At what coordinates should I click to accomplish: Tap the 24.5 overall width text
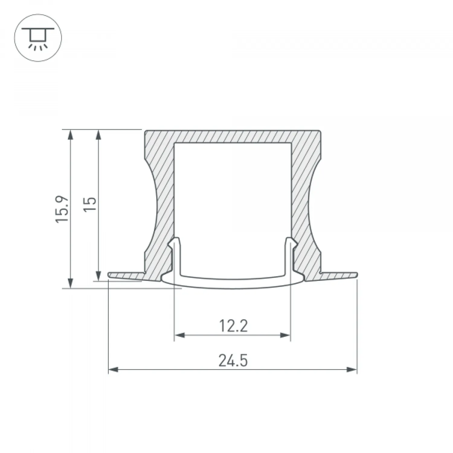tap(233, 361)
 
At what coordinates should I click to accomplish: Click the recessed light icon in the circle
tap(38, 37)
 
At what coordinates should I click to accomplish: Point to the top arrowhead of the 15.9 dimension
tap(70, 134)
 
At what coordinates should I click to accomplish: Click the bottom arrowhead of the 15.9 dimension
tap(70, 283)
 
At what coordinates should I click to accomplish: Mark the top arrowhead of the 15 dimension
tap(98, 134)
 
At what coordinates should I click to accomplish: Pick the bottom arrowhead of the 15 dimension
tap(98, 276)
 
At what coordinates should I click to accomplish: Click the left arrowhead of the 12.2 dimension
tap(179, 335)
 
